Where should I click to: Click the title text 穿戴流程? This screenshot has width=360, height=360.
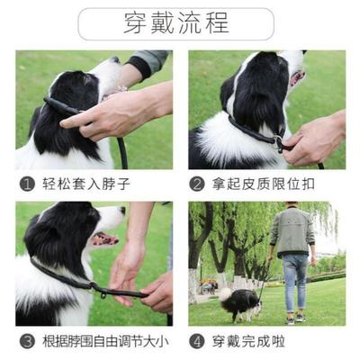pos(175,23)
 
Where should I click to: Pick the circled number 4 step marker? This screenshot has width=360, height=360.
pos(196,342)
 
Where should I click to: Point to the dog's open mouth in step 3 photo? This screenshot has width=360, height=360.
pos(105,239)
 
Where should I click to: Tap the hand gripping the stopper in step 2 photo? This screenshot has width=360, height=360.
pos(310,139)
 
